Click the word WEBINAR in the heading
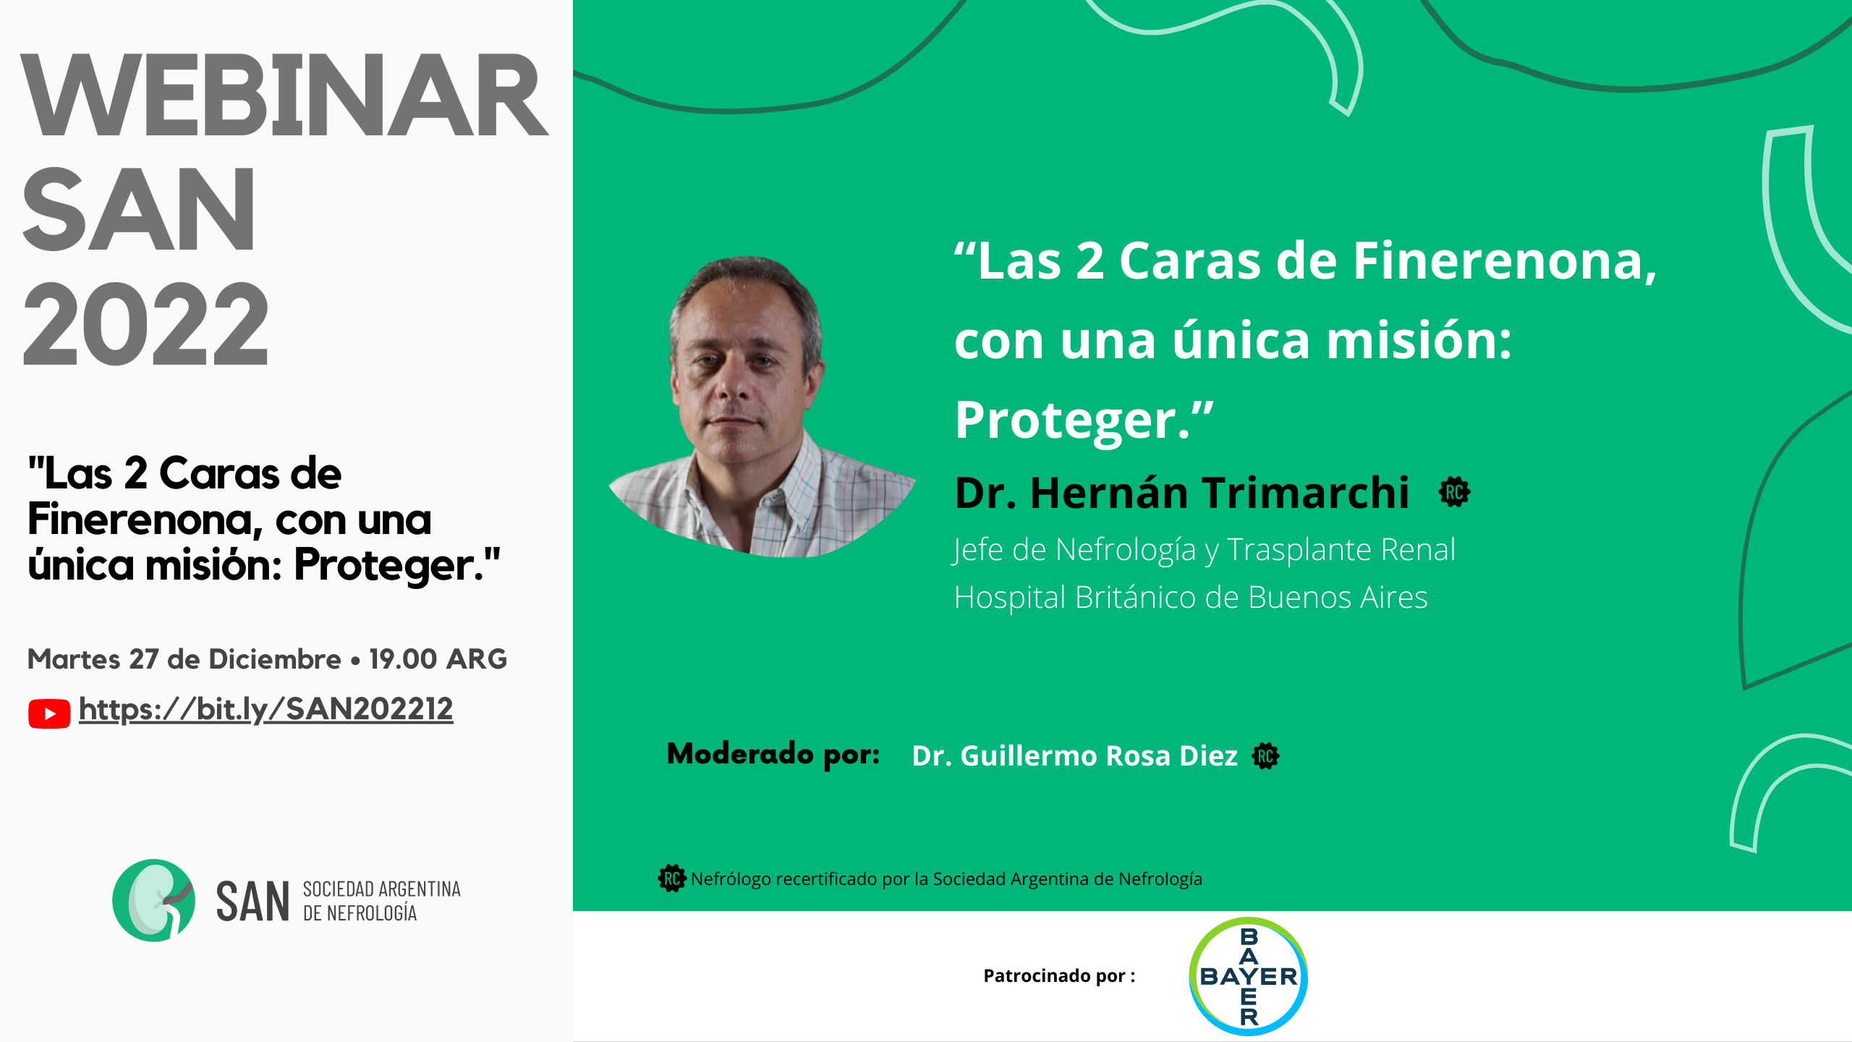click(x=284, y=96)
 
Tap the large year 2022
click(x=146, y=323)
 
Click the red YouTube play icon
click(x=49, y=713)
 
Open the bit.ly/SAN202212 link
click(x=266, y=709)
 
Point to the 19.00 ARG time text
click(x=438, y=659)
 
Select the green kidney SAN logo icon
click(x=153, y=900)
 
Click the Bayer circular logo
click(x=1248, y=976)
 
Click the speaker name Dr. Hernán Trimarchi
click(x=1182, y=493)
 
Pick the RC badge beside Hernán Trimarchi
click(x=1454, y=493)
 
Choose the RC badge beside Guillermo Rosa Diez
click(x=1265, y=756)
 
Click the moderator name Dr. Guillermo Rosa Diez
click(x=1074, y=755)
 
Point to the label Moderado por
click(x=773, y=755)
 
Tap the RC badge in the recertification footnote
click(x=672, y=878)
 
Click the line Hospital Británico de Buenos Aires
click(x=1191, y=598)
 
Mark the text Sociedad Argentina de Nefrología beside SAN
click(x=382, y=901)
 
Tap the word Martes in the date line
click(x=74, y=659)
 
